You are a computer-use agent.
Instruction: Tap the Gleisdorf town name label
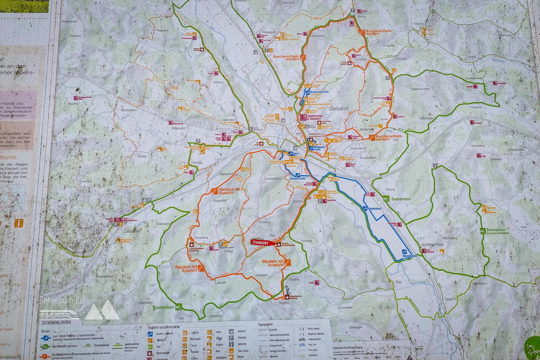[340, 109]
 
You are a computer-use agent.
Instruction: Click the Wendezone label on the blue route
[409, 256]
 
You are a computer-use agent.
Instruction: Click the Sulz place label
[399, 281]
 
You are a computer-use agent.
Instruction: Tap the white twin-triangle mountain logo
[101, 311]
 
